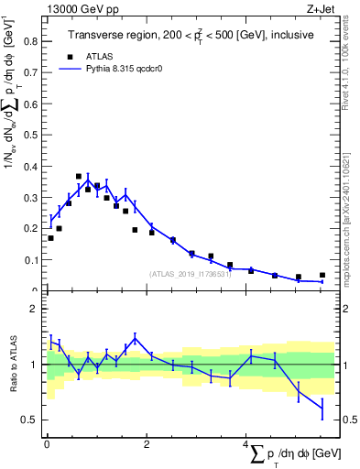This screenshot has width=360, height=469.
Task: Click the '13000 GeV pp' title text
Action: click(x=81, y=8)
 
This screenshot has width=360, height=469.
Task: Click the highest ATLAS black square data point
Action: click(x=78, y=176)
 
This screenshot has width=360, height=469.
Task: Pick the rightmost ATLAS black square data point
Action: click(x=322, y=275)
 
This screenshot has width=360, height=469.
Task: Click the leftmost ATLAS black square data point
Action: click(x=50, y=238)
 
